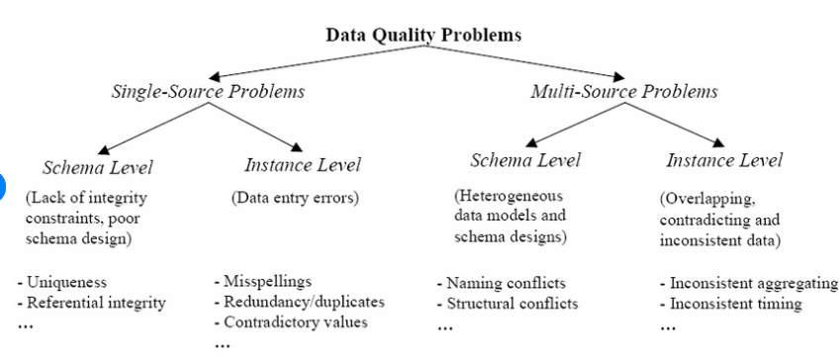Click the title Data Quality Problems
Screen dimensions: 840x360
point(423,36)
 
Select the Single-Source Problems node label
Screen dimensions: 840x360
point(209,92)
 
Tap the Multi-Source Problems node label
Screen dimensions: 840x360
point(624,92)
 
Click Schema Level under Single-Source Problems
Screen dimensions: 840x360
point(98,168)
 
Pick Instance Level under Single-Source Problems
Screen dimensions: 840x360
point(303,165)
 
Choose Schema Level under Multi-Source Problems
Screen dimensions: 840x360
point(525,160)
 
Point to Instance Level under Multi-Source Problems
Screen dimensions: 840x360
point(724,160)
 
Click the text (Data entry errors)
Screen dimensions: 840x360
point(295,198)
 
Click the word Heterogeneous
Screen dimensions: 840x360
point(509,196)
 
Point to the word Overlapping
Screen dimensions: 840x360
point(708,200)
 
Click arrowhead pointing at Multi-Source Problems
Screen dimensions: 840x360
point(618,76)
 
